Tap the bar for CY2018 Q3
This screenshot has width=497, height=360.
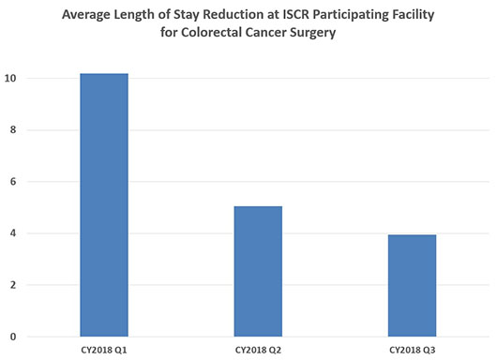pyautogui.click(x=413, y=285)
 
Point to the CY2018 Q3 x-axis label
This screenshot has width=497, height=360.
pyautogui.click(x=413, y=349)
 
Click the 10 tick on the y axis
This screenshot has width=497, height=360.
pyautogui.click(x=11, y=78)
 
